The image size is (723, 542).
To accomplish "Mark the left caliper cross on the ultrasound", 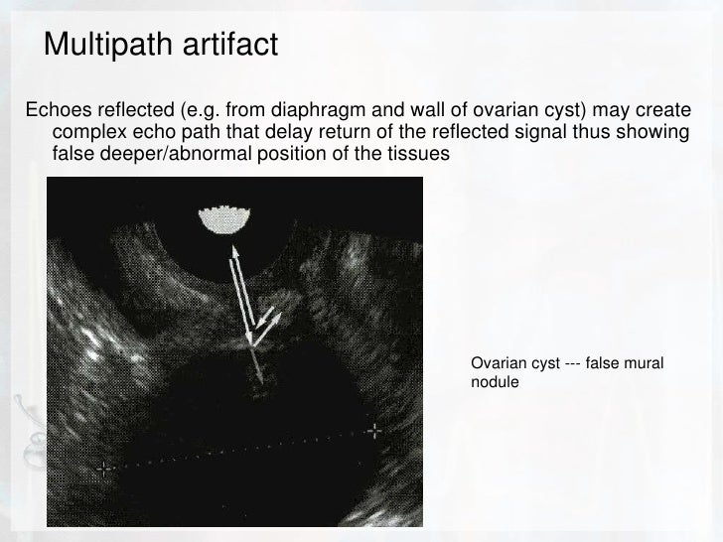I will [x=103, y=466].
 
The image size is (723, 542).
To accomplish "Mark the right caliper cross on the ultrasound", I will [x=374, y=431].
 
